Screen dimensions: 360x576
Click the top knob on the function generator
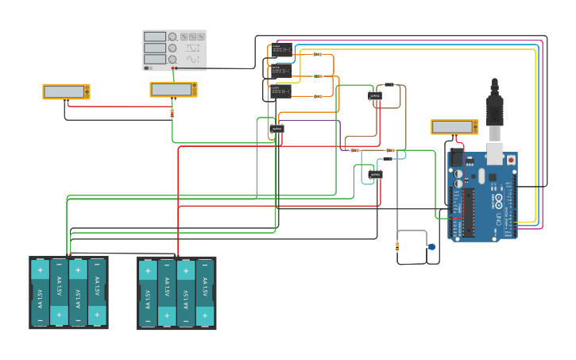172,37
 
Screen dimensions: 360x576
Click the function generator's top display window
155,37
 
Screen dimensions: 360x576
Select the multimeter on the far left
66,91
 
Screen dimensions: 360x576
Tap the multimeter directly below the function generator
173,90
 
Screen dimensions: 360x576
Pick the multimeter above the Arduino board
454,127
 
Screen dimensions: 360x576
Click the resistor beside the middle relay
318,76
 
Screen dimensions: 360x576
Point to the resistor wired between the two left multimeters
172,113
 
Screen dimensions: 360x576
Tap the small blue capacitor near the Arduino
431,247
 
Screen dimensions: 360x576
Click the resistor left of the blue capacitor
397,247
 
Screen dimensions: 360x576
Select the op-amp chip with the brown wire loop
375,96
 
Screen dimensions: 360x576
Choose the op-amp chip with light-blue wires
375,174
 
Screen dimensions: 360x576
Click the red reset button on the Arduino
510,160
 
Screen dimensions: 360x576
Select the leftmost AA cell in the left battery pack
41,292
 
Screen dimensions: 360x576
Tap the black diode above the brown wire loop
389,84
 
